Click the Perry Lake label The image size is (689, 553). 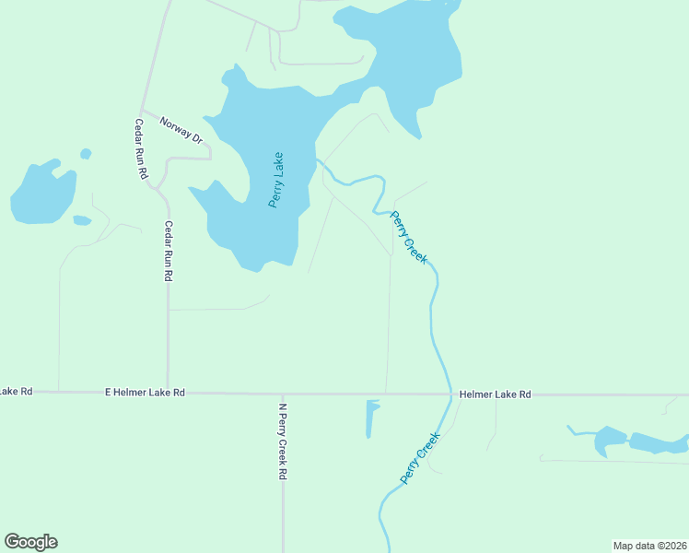click(x=276, y=179)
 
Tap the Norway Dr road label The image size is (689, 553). click(x=180, y=129)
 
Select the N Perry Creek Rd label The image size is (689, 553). click(x=283, y=441)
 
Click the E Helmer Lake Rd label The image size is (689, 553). click(x=146, y=393)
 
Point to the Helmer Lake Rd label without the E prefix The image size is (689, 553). click(x=496, y=394)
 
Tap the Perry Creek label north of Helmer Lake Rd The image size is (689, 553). click(x=409, y=239)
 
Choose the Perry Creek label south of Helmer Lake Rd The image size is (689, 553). click(x=421, y=458)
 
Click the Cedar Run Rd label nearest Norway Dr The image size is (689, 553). click(x=141, y=149)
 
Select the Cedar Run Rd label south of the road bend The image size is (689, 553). click(x=169, y=251)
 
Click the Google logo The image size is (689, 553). click(x=30, y=542)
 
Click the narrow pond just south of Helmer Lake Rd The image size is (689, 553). click(x=371, y=418)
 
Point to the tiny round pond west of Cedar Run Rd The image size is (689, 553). click(x=86, y=154)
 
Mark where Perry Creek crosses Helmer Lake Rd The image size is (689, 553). click(x=450, y=394)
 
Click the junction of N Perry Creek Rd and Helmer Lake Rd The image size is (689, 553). click(x=283, y=394)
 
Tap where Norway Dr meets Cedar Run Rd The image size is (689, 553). click(x=141, y=110)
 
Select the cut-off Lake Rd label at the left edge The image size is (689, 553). click(x=16, y=392)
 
